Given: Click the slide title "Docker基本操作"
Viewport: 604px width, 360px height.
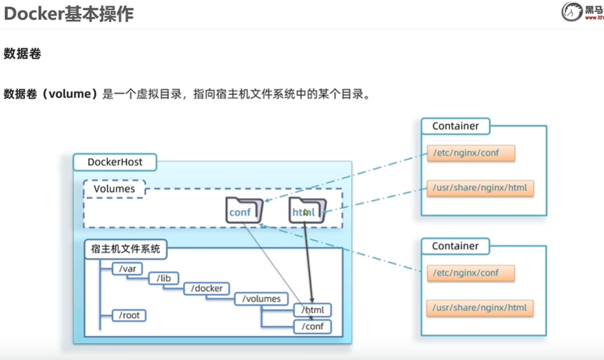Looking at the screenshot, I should click(x=69, y=14).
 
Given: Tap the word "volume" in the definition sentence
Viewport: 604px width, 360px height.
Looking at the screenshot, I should click(x=68, y=94).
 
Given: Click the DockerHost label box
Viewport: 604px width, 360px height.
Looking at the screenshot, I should click(x=114, y=162).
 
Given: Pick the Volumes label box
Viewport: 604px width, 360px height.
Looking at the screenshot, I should click(x=114, y=189).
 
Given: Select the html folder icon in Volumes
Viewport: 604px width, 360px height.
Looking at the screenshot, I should click(x=307, y=211).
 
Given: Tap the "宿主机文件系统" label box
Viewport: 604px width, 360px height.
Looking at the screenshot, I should click(x=126, y=249).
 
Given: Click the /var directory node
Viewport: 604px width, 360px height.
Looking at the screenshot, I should click(x=128, y=269).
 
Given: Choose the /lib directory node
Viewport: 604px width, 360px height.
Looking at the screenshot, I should click(x=163, y=279).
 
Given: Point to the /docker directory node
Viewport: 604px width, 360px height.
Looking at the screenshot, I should click(x=207, y=289).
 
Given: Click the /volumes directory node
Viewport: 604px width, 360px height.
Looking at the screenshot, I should click(x=261, y=299).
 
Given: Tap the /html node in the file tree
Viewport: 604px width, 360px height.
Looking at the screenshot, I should click(x=313, y=311).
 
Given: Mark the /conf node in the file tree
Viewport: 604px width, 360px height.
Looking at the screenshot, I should click(x=313, y=326).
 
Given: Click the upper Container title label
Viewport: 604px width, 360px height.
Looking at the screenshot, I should click(x=455, y=126).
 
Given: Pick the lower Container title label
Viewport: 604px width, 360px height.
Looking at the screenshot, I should click(x=455, y=246).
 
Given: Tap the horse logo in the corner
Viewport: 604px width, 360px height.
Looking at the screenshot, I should click(x=572, y=11).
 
